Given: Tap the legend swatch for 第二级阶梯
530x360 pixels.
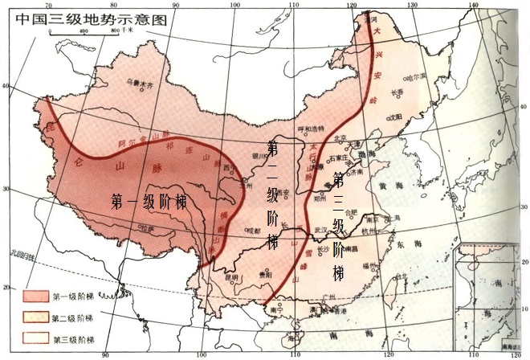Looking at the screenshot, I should coord(35,316).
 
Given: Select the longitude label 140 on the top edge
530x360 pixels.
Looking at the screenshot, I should coord(475,6).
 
